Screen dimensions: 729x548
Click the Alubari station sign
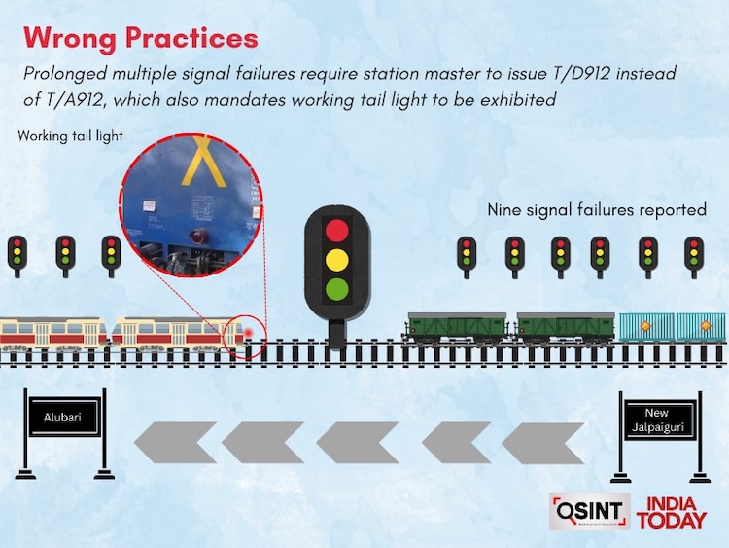pos(62,417)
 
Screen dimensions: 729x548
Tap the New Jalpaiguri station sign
pos(656,420)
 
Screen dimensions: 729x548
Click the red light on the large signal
pos(337,231)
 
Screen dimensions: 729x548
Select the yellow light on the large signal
pos(337,260)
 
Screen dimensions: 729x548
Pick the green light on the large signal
pos(337,289)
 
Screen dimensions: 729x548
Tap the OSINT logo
pos(590,512)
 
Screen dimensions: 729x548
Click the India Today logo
pos(672,513)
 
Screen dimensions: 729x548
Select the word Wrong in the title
pos(70,38)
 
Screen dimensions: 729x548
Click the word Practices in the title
pos(191,37)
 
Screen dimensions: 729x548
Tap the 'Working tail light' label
pos(70,136)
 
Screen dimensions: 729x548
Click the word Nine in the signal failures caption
pos(503,209)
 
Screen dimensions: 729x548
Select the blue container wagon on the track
pos(672,328)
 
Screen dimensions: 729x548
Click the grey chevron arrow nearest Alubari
pos(175,442)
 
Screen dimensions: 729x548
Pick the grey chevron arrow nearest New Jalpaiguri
pos(543,443)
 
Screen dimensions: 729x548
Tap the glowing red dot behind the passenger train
pos(248,333)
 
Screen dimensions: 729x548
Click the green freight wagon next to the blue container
pos(566,328)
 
